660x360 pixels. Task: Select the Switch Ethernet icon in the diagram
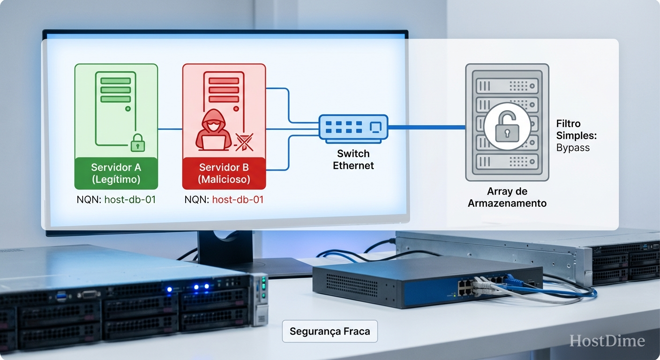click(353, 127)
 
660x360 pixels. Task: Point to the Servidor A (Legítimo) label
click(116, 173)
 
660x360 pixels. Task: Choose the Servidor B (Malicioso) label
click(224, 173)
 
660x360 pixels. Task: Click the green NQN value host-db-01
click(130, 200)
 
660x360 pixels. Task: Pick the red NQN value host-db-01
click(238, 200)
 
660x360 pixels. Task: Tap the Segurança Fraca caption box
click(330, 331)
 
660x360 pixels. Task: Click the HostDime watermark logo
click(607, 341)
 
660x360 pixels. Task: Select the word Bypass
click(573, 148)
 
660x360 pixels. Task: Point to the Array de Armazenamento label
click(507, 197)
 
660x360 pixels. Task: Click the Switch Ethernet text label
click(353, 159)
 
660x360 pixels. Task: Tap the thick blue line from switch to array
click(427, 127)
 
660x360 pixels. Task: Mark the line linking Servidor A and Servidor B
click(170, 129)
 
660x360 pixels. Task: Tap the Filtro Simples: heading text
click(576, 130)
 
